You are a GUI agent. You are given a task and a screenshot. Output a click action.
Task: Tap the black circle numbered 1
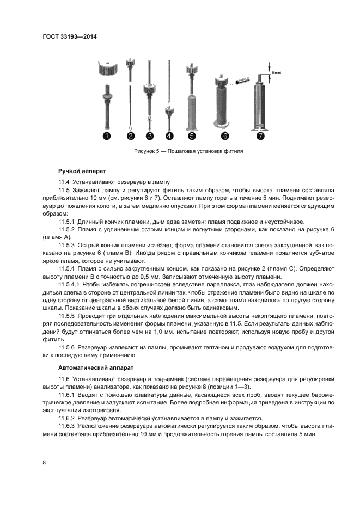107,136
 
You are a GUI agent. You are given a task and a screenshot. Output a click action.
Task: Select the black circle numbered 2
130,136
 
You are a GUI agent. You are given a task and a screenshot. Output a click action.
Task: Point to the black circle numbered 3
150,136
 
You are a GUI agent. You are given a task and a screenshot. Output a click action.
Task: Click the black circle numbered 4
169,136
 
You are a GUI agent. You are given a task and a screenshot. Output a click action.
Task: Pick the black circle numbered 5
191,136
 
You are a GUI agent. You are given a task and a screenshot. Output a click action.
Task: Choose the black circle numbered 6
225,136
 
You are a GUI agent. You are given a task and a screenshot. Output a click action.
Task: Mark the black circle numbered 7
260,136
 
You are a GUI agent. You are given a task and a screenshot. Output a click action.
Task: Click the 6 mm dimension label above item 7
277,69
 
